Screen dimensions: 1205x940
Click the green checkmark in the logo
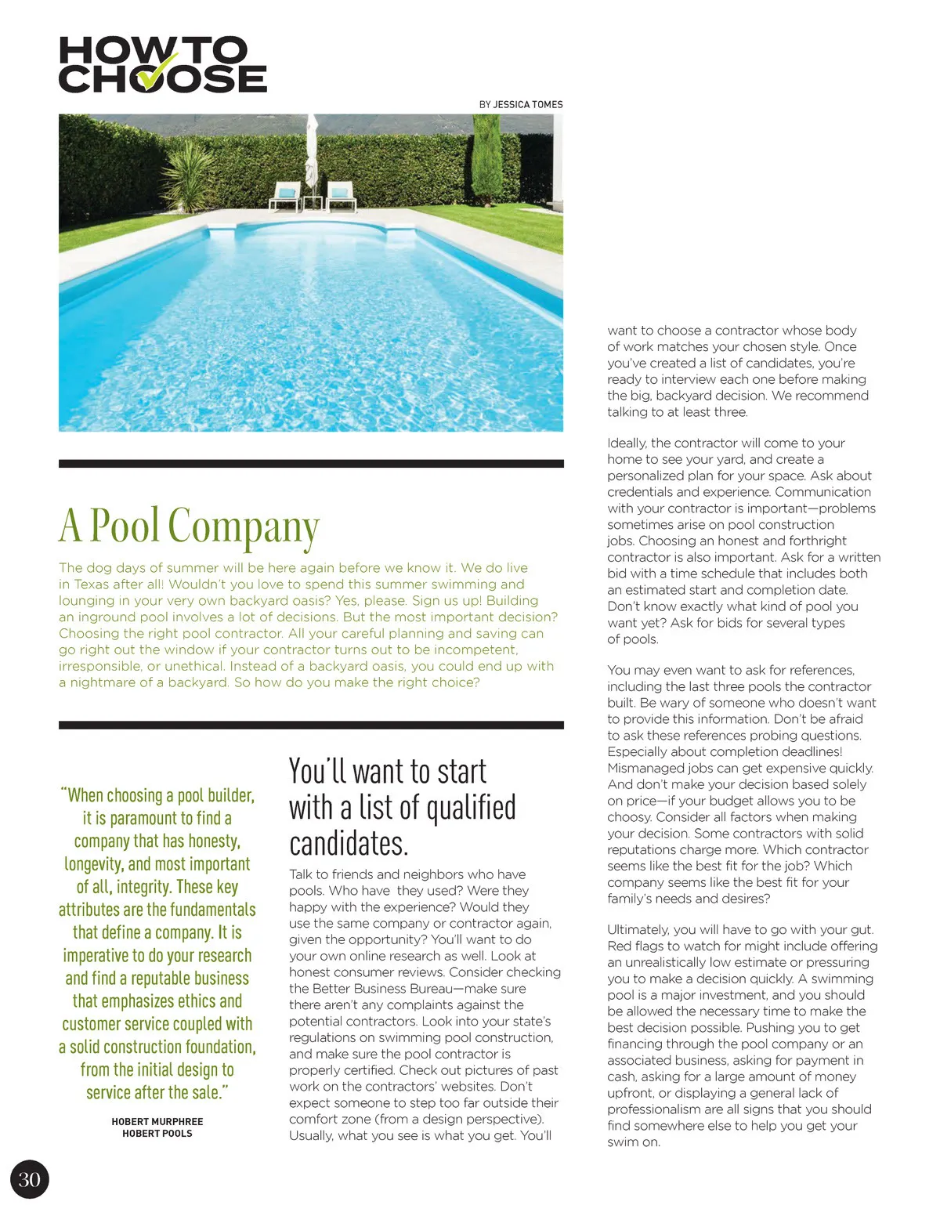click(162, 71)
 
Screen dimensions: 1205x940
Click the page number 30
click(29, 1180)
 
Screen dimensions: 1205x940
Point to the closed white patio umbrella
click(312, 154)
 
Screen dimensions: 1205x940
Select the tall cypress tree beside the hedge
click(486, 157)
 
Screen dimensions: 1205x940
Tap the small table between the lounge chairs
click(313, 201)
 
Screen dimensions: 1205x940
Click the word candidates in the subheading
click(349, 844)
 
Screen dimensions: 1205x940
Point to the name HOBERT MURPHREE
click(157, 1122)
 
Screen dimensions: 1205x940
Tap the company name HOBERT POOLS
click(157, 1134)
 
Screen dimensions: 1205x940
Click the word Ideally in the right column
click(627, 443)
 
